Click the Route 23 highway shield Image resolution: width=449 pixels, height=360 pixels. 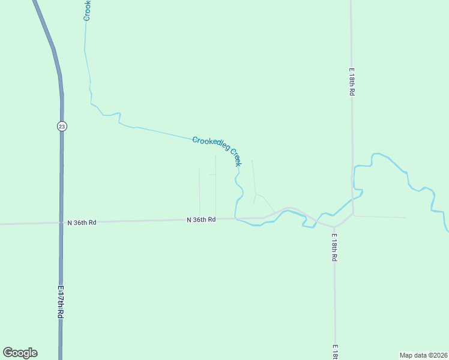[x=62, y=126]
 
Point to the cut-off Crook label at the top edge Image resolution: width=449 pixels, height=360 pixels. [x=86, y=11]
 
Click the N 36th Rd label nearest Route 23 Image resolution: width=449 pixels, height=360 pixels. [x=82, y=223]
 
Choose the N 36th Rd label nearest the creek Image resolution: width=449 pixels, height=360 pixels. [x=200, y=220]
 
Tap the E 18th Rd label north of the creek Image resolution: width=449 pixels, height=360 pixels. [x=352, y=82]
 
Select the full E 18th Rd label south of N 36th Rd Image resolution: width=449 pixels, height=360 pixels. [x=334, y=247]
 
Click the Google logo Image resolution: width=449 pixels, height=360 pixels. [x=20, y=353]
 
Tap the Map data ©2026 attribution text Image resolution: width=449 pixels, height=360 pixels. [x=424, y=355]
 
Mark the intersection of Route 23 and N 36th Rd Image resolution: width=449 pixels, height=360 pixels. [x=61, y=223]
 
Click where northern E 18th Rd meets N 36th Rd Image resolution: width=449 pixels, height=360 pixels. [x=352, y=215]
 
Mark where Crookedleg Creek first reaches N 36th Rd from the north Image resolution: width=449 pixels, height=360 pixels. [x=235, y=218]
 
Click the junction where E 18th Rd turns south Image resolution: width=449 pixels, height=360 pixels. [x=334, y=227]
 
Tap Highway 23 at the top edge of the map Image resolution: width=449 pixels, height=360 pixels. [x=37, y=3]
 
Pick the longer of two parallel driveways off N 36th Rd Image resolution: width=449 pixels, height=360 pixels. [x=215, y=186]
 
